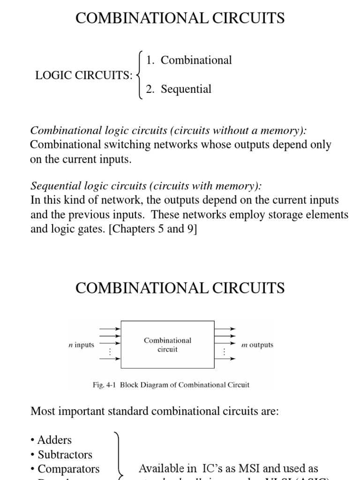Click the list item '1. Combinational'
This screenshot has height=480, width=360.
click(x=188, y=60)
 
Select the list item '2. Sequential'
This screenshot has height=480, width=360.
click(x=178, y=89)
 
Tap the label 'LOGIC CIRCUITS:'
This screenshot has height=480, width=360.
click(x=84, y=75)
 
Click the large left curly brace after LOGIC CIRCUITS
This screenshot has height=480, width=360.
click(x=140, y=75)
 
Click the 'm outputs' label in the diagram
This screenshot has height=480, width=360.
click(x=257, y=345)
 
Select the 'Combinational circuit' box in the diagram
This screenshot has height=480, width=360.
click(x=167, y=345)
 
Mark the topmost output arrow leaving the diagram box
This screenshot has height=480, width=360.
click(x=225, y=329)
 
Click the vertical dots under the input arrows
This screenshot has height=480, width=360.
click(x=111, y=352)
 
